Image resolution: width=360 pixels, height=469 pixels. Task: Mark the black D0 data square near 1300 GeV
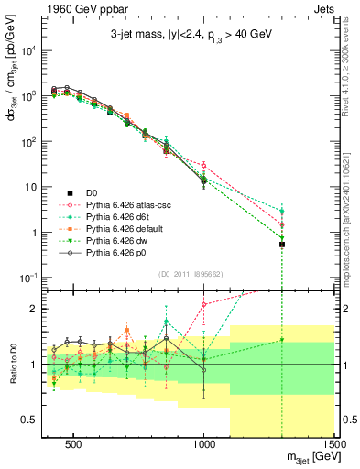point(282,245)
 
